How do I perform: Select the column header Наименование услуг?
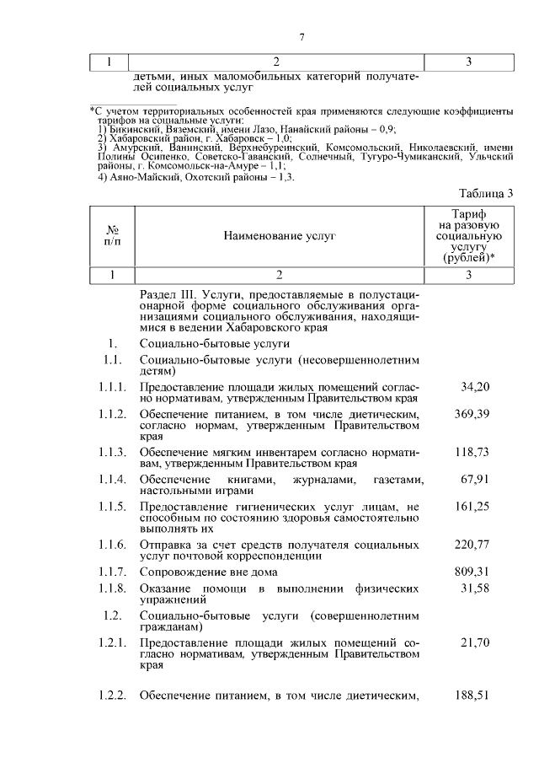pos(279,237)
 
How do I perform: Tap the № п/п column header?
pos(111,237)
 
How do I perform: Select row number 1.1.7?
pos(112,572)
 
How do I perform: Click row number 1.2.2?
pos(112,696)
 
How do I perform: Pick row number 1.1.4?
pos(112,479)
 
